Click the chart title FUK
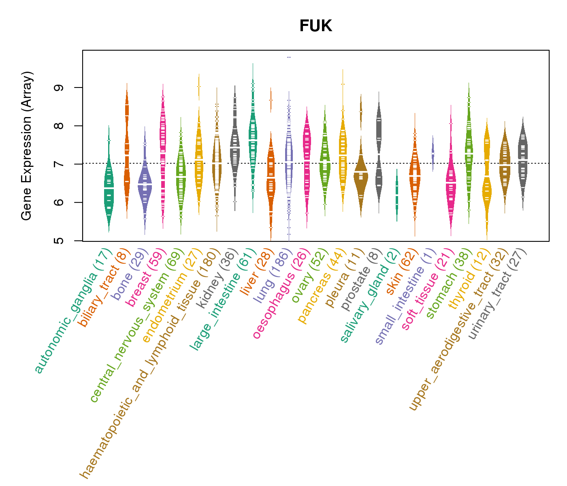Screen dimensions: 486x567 315,26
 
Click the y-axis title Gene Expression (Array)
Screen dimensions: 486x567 27,146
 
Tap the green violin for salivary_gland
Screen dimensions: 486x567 397,194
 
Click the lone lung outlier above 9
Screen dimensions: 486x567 289,58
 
